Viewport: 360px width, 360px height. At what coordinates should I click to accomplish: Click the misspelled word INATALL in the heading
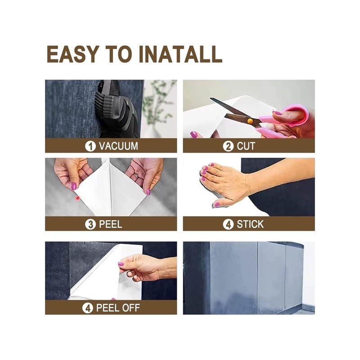tap(181, 54)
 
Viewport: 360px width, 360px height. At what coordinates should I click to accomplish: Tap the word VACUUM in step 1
tap(118, 146)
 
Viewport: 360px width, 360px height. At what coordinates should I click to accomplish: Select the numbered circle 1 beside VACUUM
tap(90, 146)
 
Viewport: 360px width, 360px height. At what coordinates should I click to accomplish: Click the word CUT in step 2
tap(246, 146)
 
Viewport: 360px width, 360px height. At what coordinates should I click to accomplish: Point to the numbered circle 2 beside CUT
tap(228, 146)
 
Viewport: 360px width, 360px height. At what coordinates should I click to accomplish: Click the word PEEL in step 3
tap(110, 224)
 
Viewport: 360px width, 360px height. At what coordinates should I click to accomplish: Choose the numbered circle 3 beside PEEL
tap(90, 224)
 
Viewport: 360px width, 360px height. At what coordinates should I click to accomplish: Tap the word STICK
tap(250, 224)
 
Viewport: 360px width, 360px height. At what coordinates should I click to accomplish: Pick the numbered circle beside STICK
tap(228, 224)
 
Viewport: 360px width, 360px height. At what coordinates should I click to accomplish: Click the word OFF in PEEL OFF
tap(131, 308)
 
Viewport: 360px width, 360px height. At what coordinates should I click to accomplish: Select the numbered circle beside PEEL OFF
tap(87, 308)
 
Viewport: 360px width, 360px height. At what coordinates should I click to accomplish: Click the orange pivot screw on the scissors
tap(250, 121)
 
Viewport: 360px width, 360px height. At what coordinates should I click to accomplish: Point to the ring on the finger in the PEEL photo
tap(136, 176)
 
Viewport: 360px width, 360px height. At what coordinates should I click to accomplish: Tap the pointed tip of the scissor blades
tap(211, 99)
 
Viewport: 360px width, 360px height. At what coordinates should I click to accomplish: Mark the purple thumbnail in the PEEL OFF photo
tap(120, 264)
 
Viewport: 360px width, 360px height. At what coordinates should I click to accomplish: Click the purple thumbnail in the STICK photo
tap(217, 204)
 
